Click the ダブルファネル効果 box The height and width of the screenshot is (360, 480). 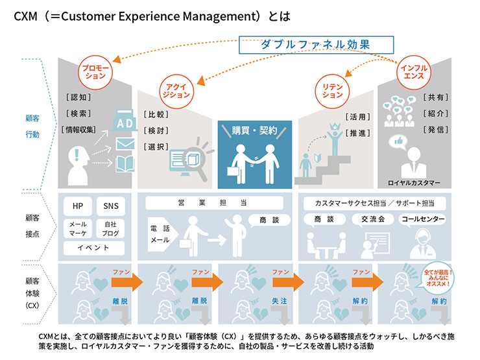pos(317,44)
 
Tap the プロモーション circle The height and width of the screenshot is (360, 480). pos(95,71)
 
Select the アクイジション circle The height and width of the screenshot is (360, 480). pos(176,90)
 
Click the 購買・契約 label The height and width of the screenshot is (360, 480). pos(255,130)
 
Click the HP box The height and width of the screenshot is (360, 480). pos(78,206)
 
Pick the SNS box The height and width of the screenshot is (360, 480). pos(111,206)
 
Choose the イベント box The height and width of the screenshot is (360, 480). pos(93,248)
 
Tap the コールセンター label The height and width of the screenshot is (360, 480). pos(422,219)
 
